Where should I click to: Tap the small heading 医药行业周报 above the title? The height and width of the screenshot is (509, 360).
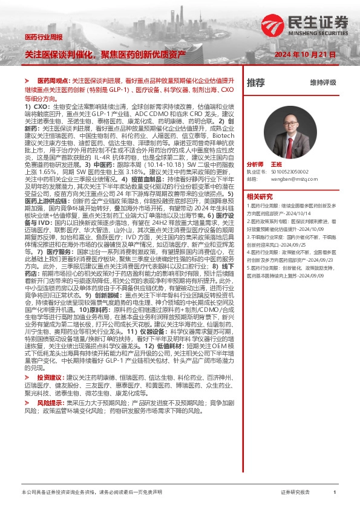pyautogui.click(x=44, y=37)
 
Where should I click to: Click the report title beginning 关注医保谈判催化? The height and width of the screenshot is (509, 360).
pyautogui.click(x=105, y=54)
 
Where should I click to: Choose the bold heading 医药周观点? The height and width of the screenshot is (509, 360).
pyautogui.click(x=53, y=80)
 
